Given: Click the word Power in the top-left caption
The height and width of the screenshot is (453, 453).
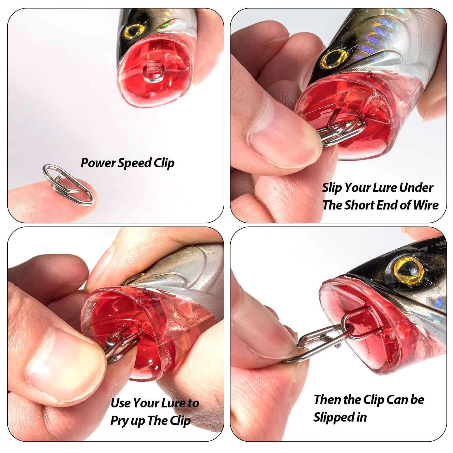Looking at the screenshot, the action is point(98,163).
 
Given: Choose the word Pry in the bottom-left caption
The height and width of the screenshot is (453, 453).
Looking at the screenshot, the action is point(119,421).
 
